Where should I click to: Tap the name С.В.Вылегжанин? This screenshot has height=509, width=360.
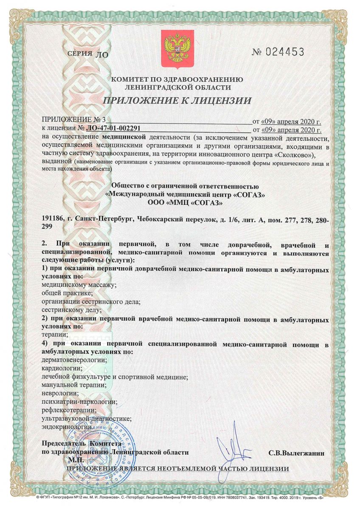click(x=296, y=453)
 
